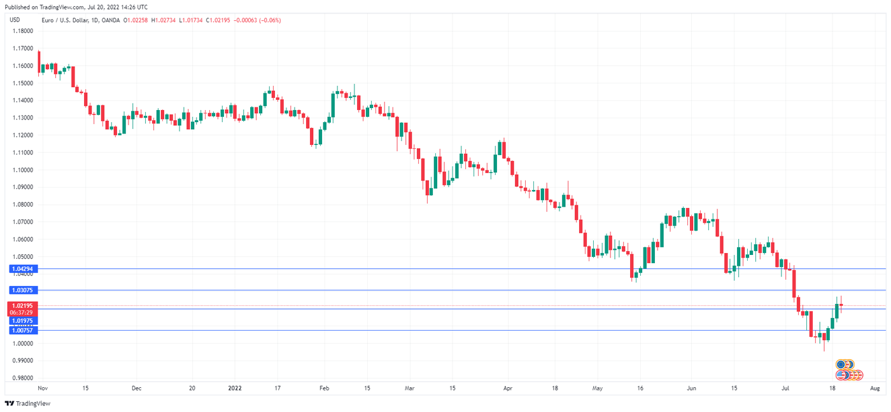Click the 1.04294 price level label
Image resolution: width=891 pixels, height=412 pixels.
pyautogui.click(x=22, y=269)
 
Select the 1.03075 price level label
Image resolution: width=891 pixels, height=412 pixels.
pyautogui.click(x=22, y=290)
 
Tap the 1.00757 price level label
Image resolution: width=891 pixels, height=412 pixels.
pyautogui.click(x=22, y=331)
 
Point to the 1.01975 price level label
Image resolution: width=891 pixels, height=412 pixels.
pyautogui.click(x=22, y=321)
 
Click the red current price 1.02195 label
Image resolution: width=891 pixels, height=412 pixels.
pyautogui.click(x=22, y=306)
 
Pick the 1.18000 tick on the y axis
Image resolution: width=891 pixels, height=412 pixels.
pyautogui.click(x=22, y=31)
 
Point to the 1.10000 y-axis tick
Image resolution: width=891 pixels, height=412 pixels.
pyautogui.click(x=22, y=170)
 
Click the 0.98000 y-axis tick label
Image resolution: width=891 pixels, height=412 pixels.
pyautogui.click(x=22, y=378)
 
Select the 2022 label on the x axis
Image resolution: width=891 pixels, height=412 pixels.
pyautogui.click(x=235, y=387)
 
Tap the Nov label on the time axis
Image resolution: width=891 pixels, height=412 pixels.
pyautogui.click(x=43, y=387)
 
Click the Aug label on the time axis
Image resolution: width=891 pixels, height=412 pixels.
pyautogui.click(x=874, y=387)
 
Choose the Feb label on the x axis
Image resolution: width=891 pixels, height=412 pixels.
pyautogui.click(x=324, y=387)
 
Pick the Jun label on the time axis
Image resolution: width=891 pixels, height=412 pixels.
pyautogui.click(x=692, y=387)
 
